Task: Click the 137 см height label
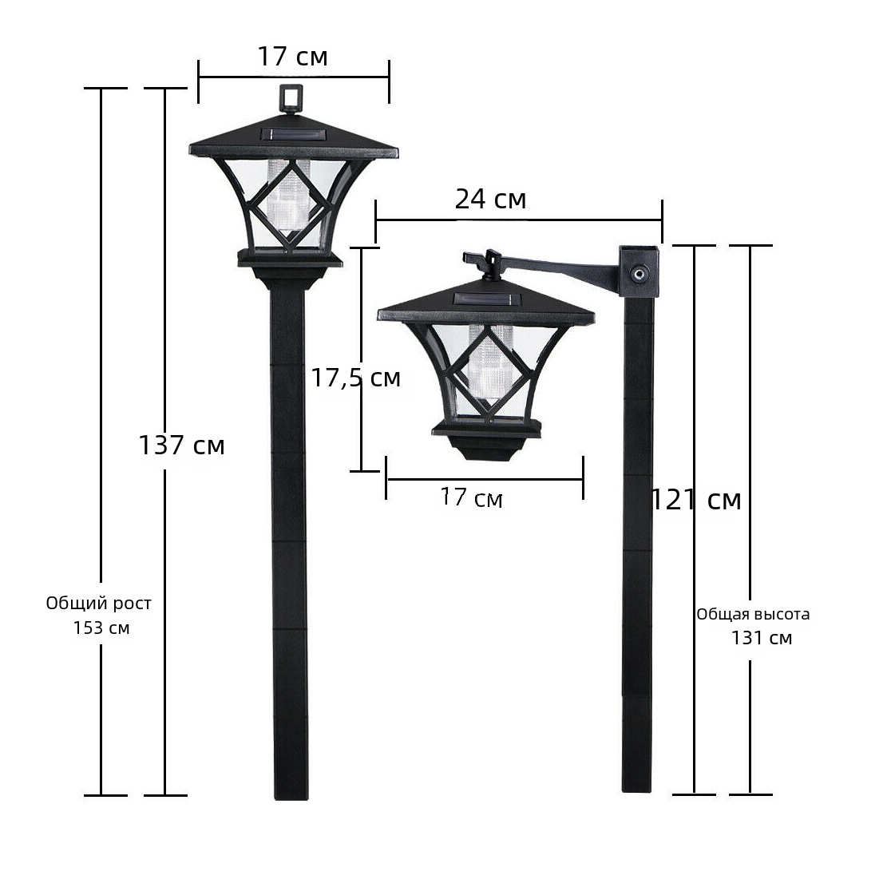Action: [x=181, y=445]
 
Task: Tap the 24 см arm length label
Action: [x=490, y=199]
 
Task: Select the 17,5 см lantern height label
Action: [x=356, y=378]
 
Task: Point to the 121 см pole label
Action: [x=696, y=500]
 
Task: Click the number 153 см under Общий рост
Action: [x=101, y=628]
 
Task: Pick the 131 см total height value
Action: [x=762, y=638]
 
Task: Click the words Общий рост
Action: [x=98, y=604]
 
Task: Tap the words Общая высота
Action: [x=753, y=614]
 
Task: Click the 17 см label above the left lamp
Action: [x=292, y=57]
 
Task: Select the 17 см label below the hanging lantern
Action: [x=471, y=498]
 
